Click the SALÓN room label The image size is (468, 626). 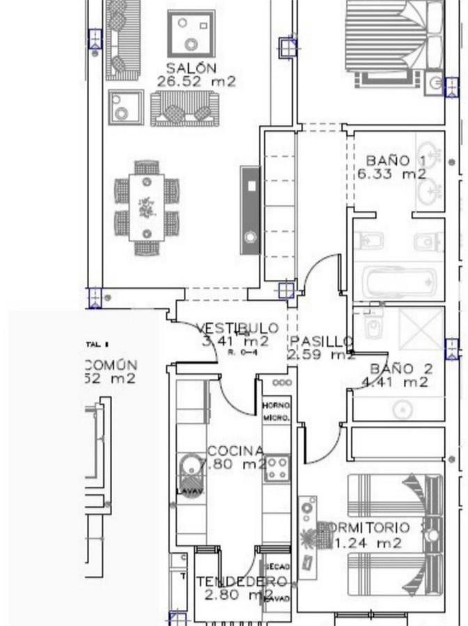coord(191,68)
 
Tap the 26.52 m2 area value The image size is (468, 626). coord(196,81)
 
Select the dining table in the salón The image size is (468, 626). coord(146,208)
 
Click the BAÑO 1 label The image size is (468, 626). coord(395,161)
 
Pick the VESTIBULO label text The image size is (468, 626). coord(237,328)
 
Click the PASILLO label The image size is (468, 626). coord(321,341)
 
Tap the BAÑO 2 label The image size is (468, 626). coord(401,368)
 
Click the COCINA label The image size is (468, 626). coord(236,451)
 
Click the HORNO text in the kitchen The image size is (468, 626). coord(276,405)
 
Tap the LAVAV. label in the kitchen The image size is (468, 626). coord(189,491)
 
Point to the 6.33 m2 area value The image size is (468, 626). coord(391,175)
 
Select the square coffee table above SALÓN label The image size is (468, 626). coord(191,33)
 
